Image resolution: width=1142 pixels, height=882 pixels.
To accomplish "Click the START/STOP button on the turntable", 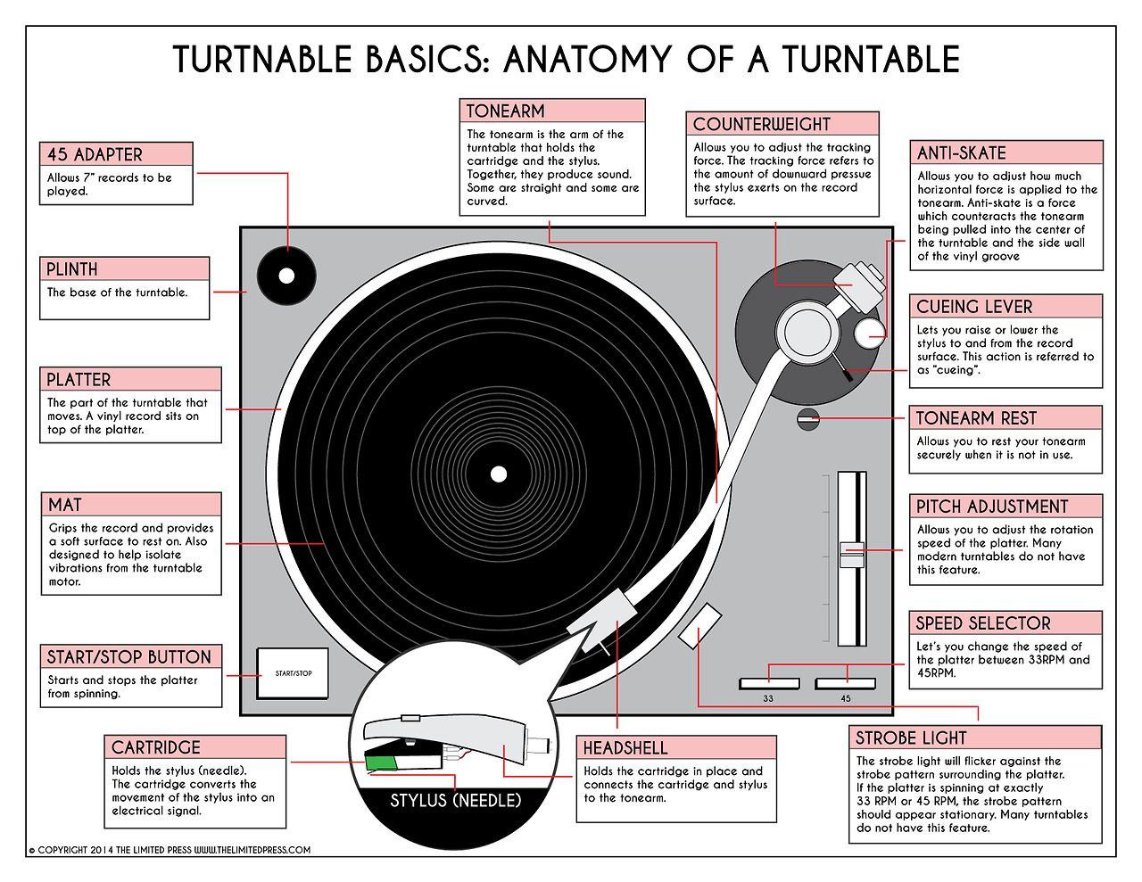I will click(293, 672).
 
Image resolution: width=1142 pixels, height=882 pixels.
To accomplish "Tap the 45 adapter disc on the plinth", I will click(285, 276).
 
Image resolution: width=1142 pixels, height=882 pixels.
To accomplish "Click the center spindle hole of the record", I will click(498, 473).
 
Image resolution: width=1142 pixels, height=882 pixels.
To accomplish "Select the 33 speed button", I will click(768, 684).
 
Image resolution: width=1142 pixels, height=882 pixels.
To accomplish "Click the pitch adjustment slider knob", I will click(852, 552).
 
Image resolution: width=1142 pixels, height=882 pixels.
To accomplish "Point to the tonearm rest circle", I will click(808, 418).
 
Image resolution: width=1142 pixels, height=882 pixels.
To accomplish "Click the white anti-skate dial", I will click(870, 334).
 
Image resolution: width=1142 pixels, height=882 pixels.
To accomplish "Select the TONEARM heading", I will click(505, 111).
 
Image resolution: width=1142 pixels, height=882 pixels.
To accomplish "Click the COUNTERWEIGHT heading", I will click(762, 125).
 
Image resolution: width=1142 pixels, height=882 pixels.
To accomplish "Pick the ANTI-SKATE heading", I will click(961, 153).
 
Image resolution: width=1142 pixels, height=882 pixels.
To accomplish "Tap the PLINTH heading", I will click(73, 269).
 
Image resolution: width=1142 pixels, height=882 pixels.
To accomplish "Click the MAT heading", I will click(65, 505).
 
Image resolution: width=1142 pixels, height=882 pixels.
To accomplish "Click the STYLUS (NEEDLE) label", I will click(455, 800).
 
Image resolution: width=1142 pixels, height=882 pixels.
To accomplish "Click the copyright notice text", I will click(170, 850).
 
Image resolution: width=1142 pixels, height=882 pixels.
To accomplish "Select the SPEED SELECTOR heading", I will click(983, 623).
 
